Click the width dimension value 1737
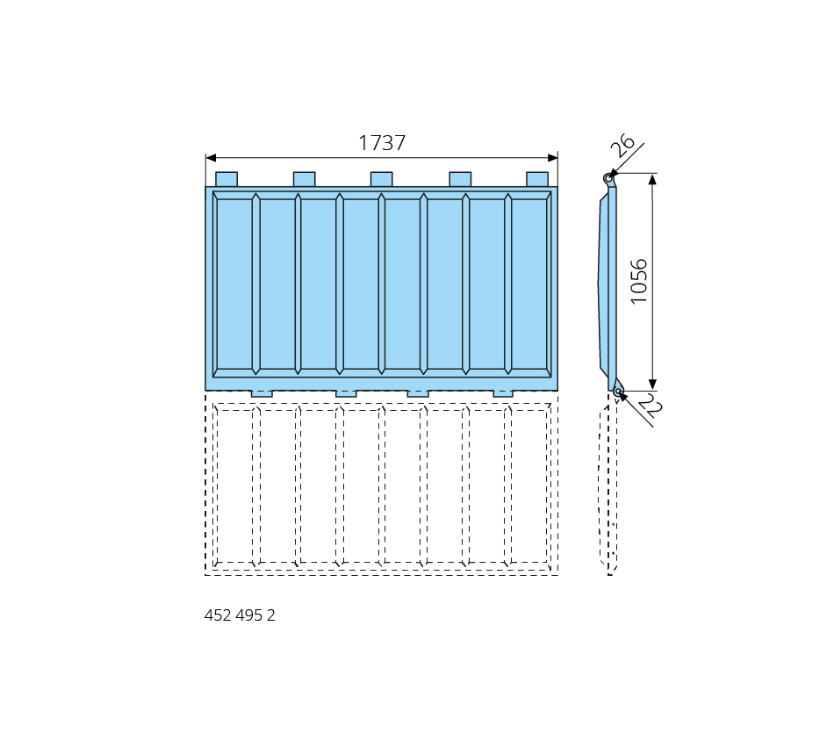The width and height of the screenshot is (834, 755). click(382, 142)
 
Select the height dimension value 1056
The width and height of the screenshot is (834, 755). click(638, 282)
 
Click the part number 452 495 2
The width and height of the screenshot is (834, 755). click(240, 615)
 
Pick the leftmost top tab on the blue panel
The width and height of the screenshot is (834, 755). click(226, 179)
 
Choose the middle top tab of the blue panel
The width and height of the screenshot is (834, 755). click(381, 179)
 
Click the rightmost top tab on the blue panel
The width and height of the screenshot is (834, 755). click(537, 179)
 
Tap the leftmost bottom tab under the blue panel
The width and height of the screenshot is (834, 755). click(262, 393)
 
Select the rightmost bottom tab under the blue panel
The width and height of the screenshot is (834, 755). click(503, 393)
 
